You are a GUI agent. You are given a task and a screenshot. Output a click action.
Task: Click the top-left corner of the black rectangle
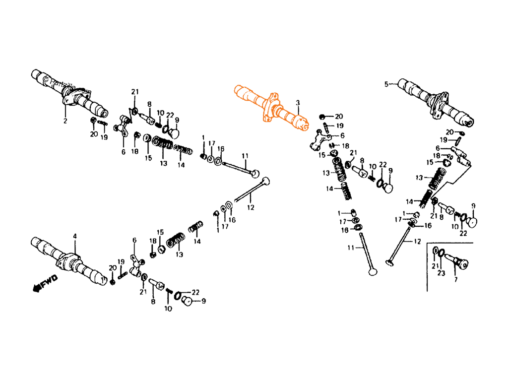pyautogui.click(x=31, y=69)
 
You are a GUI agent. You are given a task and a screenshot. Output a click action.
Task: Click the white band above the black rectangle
pyautogui.click(x=254, y=35)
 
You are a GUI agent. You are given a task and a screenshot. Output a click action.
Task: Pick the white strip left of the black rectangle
pyautogui.click(x=15, y=190)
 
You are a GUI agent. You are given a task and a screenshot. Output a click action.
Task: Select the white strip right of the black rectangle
pyautogui.click(x=492, y=190)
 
